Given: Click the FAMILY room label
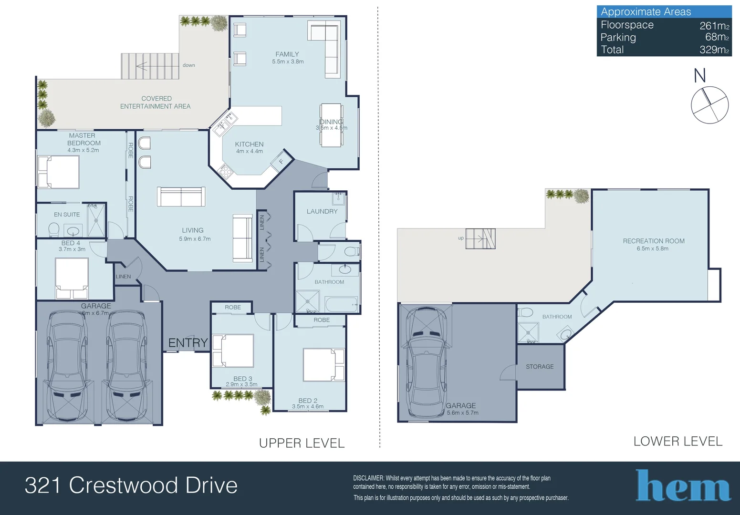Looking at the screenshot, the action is [x=287, y=54].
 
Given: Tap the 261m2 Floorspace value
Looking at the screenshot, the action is [x=714, y=25].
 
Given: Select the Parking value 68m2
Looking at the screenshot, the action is [x=717, y=37].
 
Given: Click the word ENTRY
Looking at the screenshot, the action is [x=188, y=343].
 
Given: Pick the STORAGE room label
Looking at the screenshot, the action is [x=540, y=366].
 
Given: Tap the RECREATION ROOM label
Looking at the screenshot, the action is [x=654, y=241].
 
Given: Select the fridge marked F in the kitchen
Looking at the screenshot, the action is [x=281, y=162].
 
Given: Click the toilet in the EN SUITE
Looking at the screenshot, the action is [x=53, y=229].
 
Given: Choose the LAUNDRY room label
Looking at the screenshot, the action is [x=322, y=211].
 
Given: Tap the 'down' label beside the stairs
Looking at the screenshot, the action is [x=188, y=65].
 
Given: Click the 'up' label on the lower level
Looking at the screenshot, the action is [x=461, y=238].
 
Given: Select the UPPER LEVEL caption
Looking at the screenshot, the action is [x=302, y=443].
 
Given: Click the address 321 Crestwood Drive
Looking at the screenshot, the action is [x=131, y=485].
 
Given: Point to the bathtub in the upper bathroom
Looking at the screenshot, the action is [x=342, y=304].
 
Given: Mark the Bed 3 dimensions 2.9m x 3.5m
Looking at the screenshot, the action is [x=241, y=384].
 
